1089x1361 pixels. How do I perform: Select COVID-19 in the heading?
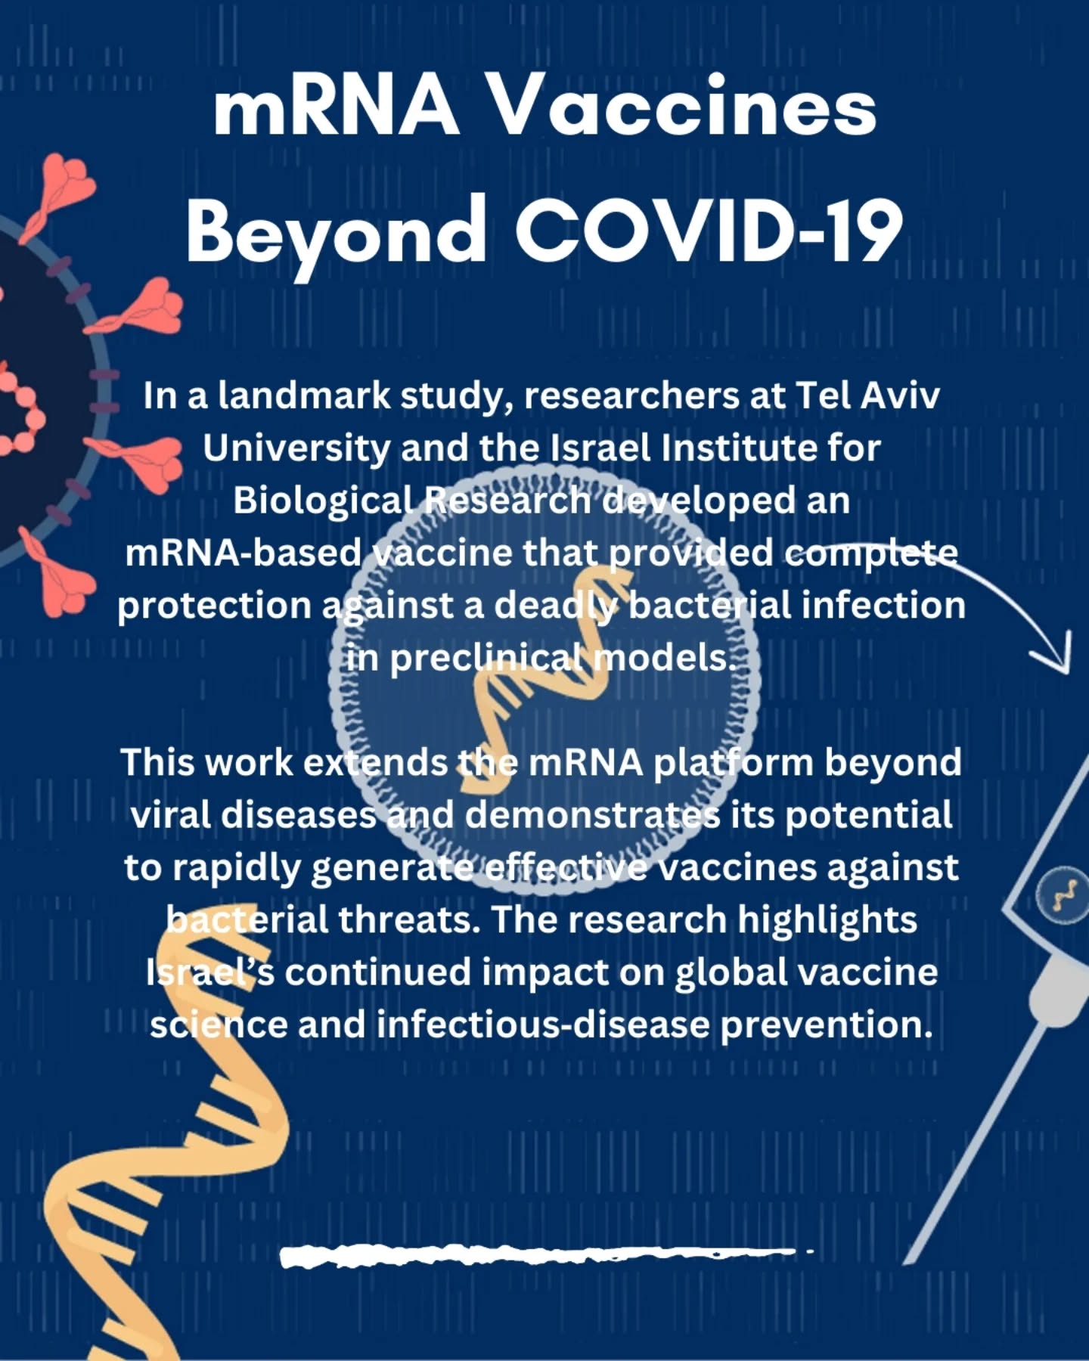coord(709,228)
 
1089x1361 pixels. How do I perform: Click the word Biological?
coord(324,501)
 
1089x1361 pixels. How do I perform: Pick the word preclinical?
coord(487,659)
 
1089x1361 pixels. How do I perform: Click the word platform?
coord(733,763)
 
